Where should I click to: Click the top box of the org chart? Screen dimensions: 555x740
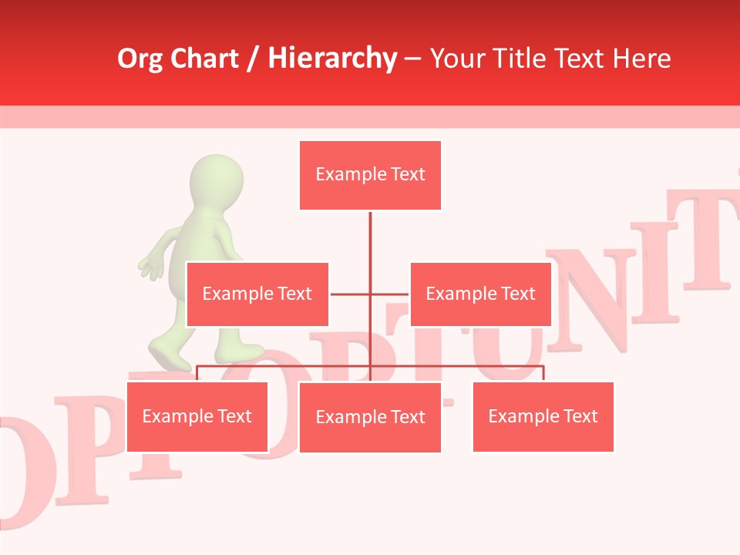coord(370,175)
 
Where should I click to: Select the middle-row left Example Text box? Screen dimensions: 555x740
coord(257,294)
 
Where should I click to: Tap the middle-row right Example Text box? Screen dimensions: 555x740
coord(480,294)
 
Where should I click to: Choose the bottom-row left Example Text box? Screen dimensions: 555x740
coord(197,416)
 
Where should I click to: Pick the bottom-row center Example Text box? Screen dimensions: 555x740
coord(370,417)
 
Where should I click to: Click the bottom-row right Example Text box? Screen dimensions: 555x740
coord(543,416)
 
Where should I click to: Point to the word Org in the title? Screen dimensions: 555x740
coord(140,59)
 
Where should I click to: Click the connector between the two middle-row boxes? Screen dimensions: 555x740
coord(370,294)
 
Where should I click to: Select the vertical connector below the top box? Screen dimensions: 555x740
coord(370,239)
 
